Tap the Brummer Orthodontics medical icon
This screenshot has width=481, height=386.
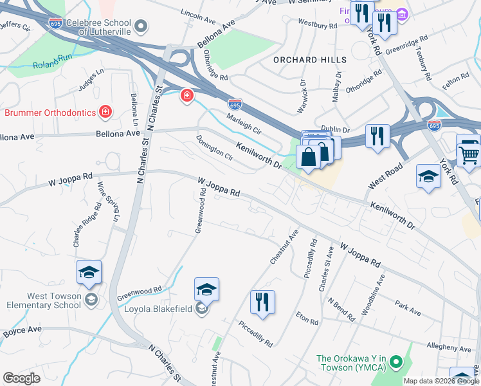pyautogui.click(x=105, y=113)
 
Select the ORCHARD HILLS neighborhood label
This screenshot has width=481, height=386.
pyautogui.click(x=309, y=60)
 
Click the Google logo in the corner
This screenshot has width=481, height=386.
pyautogui.click(x=21, y=378)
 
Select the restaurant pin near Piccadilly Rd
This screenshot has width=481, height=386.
pyautogui.click(x=262, y=302)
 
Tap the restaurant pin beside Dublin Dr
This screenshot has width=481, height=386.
pyautogui.click(x=377, y=136)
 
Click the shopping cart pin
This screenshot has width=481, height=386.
pyautogui.click(x=468, y=154)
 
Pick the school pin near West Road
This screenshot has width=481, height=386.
pyautogui.click(x=428, y=177)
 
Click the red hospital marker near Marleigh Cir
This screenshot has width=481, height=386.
pyautogui.click(x=186, y=96)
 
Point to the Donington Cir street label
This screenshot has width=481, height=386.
pyautogui.click(x=215, y=147)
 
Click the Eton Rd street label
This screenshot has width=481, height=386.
pyautogui.click(x=307, y=318)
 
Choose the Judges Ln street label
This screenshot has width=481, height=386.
pyautogui.click(x=91, y=80)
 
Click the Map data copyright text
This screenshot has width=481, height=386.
pyautogui.click(x=440, y=381)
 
